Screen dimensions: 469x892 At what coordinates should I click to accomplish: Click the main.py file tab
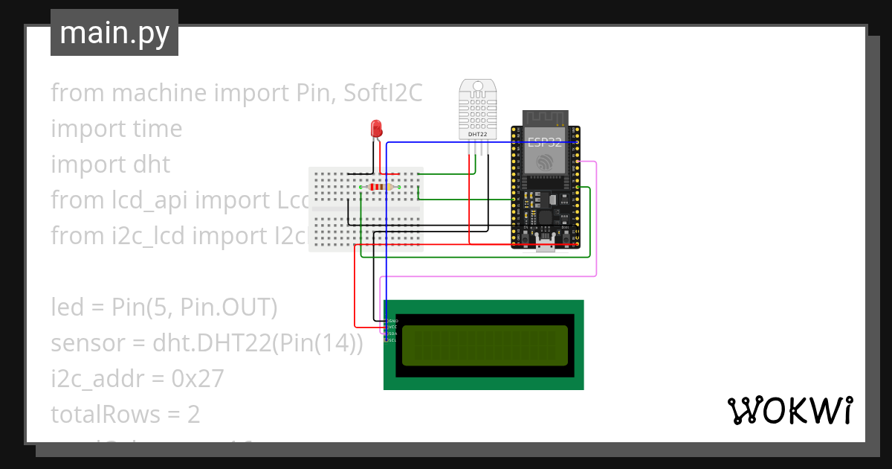114,33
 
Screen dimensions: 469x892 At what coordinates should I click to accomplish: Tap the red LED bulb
377,128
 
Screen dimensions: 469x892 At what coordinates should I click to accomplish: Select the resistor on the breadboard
379,188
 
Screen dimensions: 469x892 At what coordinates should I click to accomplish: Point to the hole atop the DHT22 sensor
476,88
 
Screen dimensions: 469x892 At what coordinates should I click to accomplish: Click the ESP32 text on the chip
544,143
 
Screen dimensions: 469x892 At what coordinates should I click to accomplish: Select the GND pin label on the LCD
392,321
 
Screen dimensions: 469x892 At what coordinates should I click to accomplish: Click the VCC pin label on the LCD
392,327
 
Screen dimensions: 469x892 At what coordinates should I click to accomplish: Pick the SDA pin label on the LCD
392,334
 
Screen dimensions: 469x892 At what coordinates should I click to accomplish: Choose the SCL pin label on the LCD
392,339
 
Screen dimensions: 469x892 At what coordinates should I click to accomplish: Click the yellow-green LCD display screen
485,345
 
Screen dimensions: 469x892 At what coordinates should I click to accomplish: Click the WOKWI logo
789,410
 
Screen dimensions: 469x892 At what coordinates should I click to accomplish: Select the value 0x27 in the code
197,379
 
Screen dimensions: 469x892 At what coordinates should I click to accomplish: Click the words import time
117,128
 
